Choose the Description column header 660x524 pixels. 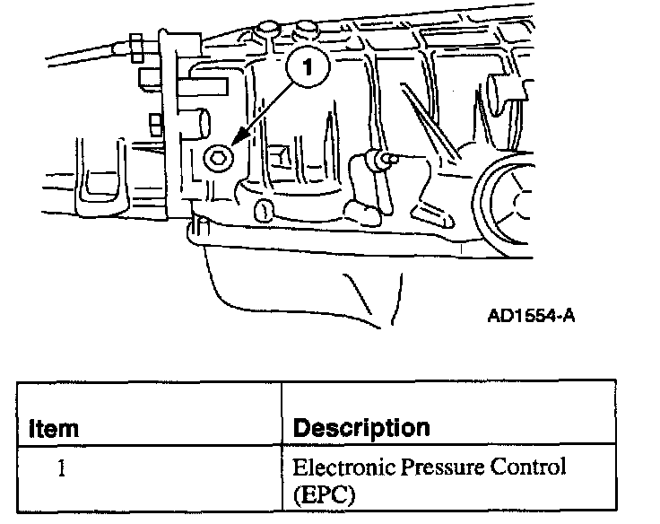click(361, 427)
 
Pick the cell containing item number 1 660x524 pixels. click(60, 467)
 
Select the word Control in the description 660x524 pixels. click(534, 467)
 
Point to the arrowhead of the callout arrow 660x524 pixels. click(231, 143)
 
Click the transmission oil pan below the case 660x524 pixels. click(296, 278)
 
